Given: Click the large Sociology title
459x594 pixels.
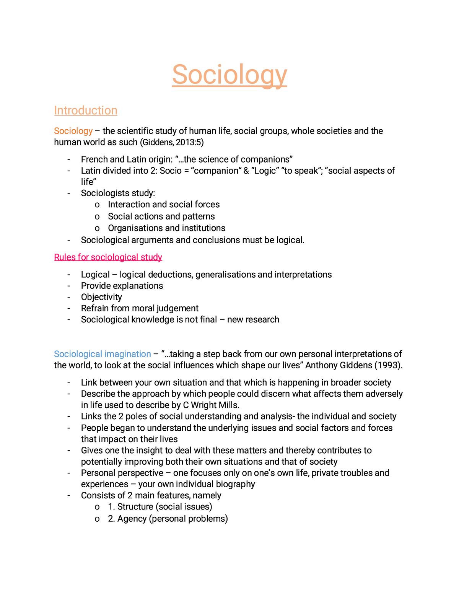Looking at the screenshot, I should [229, 75].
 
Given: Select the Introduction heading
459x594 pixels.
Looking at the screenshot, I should [86, 111].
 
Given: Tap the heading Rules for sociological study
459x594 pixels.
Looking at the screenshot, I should [108, 257].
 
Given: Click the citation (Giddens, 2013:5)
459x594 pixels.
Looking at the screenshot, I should [172, 142].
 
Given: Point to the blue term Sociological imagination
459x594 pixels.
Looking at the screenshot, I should [102, 354].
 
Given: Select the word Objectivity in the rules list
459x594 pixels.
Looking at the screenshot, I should [101, 297].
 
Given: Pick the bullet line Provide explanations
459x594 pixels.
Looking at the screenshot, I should [122, 286].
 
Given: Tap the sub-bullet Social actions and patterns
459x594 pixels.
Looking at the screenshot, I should [161, 216].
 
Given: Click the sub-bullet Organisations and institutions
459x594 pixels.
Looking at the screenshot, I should [166, 228].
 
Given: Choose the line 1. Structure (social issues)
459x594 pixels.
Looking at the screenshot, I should [160, 507].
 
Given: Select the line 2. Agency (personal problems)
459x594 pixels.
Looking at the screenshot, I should [168, 519].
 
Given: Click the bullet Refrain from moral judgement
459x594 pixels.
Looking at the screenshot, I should [140, 308].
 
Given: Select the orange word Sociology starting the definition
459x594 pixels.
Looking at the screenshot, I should [73, 131].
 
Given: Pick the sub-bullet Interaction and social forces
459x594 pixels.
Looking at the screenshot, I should [164, 205].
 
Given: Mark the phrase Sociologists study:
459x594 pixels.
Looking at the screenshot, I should [118, 193].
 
